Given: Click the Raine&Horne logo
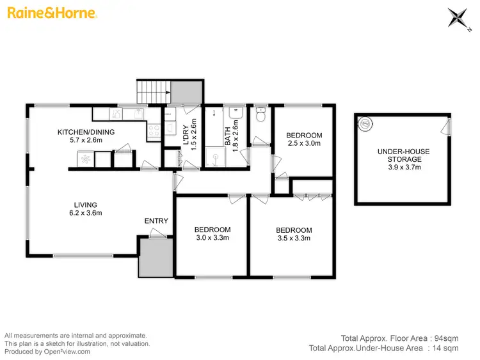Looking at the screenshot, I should [52, 13].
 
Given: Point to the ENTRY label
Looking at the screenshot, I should [156, 221].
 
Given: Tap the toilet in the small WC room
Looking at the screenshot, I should [260, 116].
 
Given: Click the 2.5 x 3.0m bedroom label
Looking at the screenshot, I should [303, 140].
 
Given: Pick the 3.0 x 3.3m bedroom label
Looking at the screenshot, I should [212, 233].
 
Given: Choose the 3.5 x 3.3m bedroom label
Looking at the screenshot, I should [293, 234].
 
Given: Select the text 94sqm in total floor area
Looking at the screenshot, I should [445, 337].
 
